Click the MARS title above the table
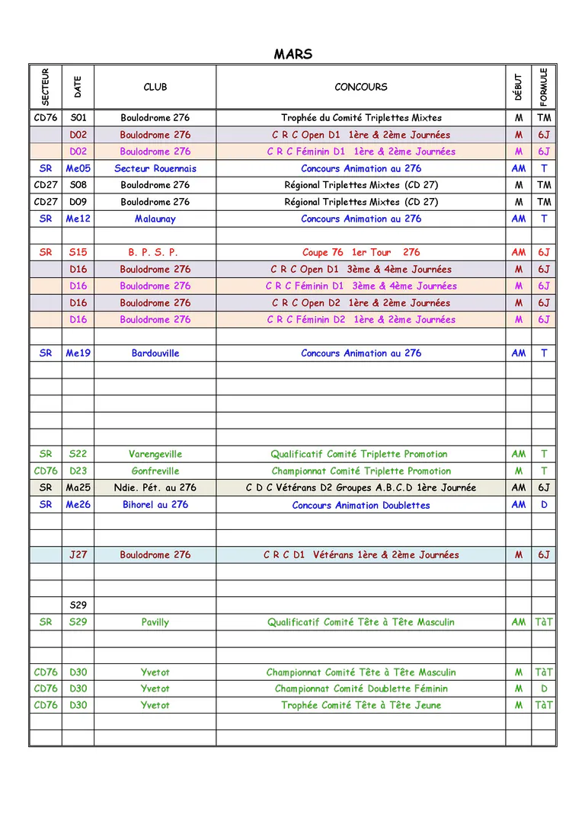click(293, 54)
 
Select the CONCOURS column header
click(361, 87)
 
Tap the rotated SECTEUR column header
click(45, 87)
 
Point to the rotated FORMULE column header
click(543, 87)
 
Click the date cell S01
click(78, 118)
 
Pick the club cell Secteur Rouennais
click(155, 168)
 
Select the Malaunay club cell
click(155, 219)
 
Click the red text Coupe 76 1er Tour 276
click(361, 252)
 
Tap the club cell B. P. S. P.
click(155, 252)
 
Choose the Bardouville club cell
click(155, 353)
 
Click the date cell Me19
click(78, 353)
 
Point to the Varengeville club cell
click(155, 454)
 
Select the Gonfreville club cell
click(155, 471)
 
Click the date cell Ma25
click(78, 487)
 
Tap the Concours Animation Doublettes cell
click(361, 505)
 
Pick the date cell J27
click(78, 555)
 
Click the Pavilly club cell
click(155, 622)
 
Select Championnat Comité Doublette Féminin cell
click(361, 688)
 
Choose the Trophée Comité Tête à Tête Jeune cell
click(361, 705)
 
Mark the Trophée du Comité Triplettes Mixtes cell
click(361, 118)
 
